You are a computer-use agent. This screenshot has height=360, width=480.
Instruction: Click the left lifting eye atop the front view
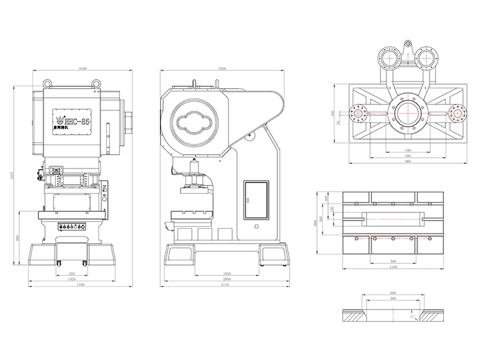pos(47,82)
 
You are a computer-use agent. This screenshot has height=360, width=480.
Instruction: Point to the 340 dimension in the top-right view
pos(408,150)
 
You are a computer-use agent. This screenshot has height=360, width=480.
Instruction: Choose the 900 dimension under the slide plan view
pos(408,162)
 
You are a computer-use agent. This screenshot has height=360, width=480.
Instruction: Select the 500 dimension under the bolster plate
pos(393,262)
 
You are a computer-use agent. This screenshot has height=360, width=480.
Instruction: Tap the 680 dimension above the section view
pos(393,293)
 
